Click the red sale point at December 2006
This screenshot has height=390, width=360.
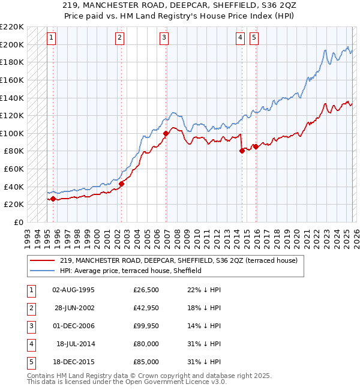(x=166, y=133)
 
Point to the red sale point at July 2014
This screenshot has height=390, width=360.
(x=242, y=151)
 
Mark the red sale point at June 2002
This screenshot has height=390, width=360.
(x=121, y=184)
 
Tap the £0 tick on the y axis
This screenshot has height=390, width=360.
(x=17, y=222)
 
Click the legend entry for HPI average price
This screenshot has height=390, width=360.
(x=130, y=271)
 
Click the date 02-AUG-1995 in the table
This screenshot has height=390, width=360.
(x=73, y=290)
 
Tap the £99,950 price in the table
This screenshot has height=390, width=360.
(x=146, y=326)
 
